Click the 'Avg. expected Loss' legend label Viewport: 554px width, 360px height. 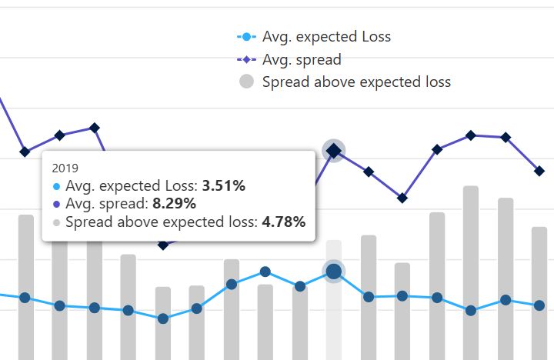click(x=326, y=37)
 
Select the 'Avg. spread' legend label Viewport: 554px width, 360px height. click(x=302, y=59)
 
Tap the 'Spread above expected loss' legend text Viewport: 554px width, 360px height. click(x=356, y=82)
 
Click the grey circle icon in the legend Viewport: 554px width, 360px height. click(x=245, y=82)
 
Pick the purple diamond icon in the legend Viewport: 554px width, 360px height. click(x=245, y=59)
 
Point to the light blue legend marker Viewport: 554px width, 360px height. click(x=245, y=37)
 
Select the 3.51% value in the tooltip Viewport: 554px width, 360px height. click(x=223, y=185)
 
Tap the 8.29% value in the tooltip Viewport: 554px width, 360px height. click(x=174, y=204)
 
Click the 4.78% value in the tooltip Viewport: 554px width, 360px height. click(x=283, y=222)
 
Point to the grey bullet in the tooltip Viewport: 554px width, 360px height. click(x=57, y=223)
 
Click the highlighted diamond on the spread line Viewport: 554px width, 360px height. click(x=333, y=151)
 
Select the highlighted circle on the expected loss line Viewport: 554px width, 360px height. click(x=333, y=271)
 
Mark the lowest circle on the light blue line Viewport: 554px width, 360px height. click(x=162, y=318)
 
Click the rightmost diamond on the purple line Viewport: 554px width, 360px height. click(x=540, y=171)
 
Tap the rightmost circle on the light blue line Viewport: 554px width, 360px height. click(x=540, y=305)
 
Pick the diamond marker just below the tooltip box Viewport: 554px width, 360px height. click(x=162, y=245)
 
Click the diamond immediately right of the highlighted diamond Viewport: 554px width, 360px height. click(x=369, y=172)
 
